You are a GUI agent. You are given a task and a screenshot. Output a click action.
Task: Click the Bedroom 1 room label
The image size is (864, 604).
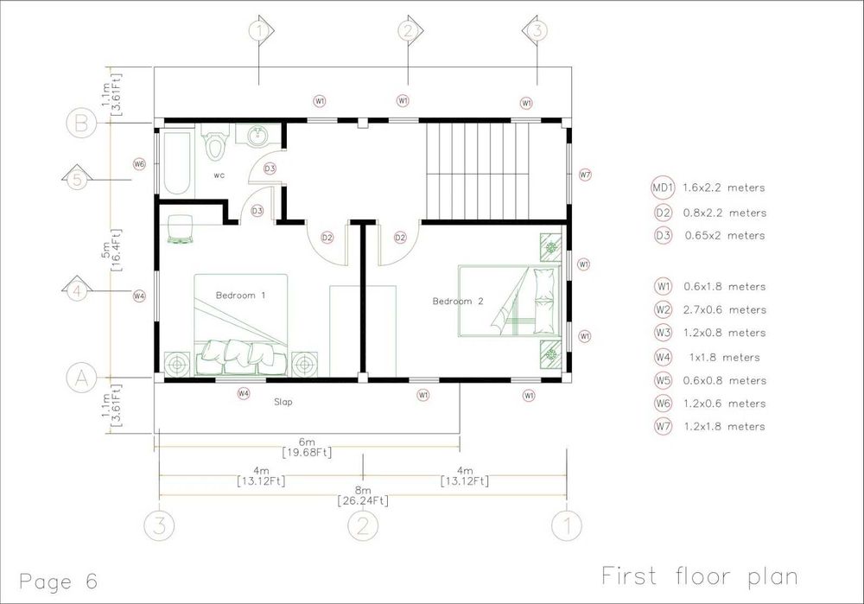(x=240, y=296)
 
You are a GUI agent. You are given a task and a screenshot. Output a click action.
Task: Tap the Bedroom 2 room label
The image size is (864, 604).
(x=458, y=302)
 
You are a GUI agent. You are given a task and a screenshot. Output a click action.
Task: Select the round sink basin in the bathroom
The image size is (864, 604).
(x=257, y=136)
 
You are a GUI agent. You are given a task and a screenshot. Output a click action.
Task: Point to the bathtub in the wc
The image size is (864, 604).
(x=176, y=161)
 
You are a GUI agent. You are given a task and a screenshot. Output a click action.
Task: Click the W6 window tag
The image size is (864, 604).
(x=139, y=163)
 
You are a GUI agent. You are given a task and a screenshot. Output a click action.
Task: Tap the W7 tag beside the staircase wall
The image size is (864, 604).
(x=585, y=175)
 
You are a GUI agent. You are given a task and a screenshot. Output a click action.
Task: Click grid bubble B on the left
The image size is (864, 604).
(x=81, y=123)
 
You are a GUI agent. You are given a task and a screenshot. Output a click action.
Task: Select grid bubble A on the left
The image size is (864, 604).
(x=81, y=378)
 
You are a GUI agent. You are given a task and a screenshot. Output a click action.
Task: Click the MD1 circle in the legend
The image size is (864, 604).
(x=663, y=188)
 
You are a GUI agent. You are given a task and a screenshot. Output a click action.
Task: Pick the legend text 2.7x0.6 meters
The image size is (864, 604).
(x=725, y=309)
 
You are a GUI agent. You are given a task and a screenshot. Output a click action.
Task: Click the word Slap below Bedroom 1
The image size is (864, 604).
(x=283, y=403)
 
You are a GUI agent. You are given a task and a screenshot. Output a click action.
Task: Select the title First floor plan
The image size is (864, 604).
(x=700, y=576)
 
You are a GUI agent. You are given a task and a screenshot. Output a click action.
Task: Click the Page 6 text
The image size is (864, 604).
(x=58, y=582)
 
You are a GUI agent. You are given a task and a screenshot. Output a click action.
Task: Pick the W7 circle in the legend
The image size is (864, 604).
(x=663, y=426)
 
